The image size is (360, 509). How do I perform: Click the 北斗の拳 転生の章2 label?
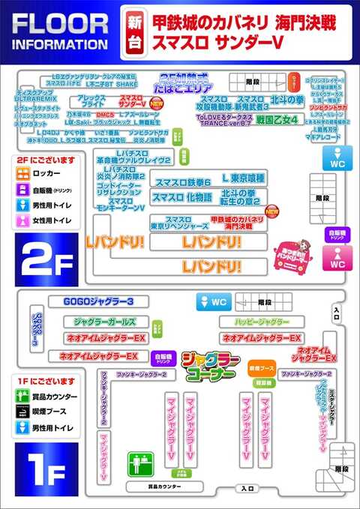pos(238,197)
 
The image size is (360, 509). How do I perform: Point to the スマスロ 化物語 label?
pos(181,197)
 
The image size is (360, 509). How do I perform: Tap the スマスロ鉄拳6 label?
pos(182,182)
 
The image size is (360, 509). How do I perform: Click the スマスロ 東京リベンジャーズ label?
pos(175,222)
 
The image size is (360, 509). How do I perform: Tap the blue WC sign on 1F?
pos(213,301)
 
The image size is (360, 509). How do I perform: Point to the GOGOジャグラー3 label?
pos(102,301)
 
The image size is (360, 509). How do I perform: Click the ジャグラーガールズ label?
pos(104,322)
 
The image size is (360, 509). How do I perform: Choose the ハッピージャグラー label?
pos(255,322)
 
